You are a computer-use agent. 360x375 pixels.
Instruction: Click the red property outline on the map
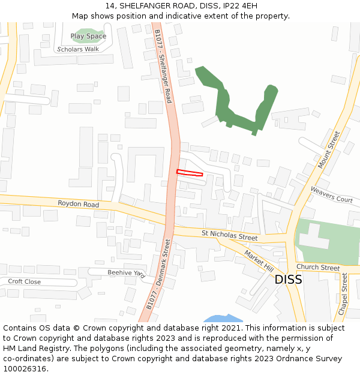point(190,173)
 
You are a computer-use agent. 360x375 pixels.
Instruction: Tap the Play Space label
point(88,36)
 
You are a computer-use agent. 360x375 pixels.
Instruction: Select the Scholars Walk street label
point(78,49)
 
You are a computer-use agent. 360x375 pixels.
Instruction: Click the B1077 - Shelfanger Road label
point(163,66)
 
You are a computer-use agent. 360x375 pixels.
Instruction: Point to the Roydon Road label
point(78,205)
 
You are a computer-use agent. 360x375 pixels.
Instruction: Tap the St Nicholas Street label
point(229,235)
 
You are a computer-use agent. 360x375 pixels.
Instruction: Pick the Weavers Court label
point(331,194)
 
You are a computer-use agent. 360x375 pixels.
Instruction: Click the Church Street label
point(318,268)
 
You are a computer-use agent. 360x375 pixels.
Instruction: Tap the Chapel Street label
point(344,294)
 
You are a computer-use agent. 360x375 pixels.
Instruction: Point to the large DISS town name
point(288,280)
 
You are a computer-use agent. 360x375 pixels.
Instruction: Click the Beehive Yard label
point(126,273)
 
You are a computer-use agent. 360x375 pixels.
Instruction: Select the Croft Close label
point(24,281)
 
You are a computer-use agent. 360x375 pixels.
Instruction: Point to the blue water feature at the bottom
point(223,319)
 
